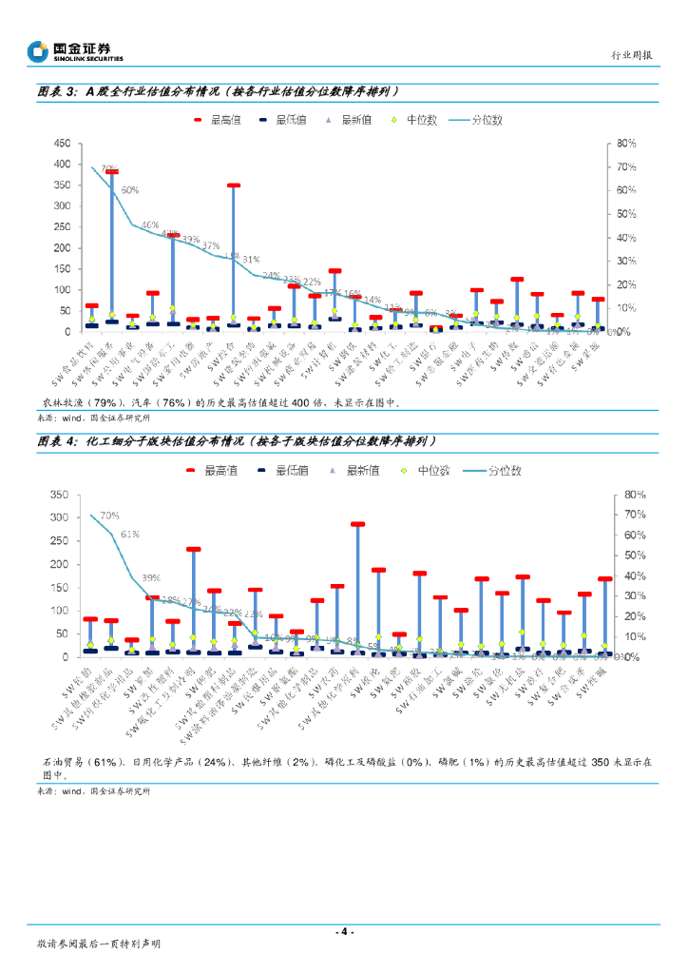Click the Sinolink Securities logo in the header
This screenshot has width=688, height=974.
pos(75,51)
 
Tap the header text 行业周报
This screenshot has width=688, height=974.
pos(631,56)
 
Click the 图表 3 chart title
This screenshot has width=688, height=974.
pos(217,92)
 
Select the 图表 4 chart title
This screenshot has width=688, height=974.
pos(237,442)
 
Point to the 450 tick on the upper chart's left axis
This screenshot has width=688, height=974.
pos(60,144)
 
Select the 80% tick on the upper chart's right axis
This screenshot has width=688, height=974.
pos(624,144)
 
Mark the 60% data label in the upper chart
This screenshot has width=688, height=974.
pos(130,190)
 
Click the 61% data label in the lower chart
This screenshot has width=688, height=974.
pos(130,534)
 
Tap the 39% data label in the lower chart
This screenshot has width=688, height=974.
pos(150,577)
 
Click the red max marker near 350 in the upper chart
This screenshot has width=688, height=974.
pos(233,185)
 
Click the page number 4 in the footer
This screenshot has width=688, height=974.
pos(344,931)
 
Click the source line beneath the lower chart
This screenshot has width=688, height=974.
pos(93,791)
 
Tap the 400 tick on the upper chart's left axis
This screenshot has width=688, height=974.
pos(60,165)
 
